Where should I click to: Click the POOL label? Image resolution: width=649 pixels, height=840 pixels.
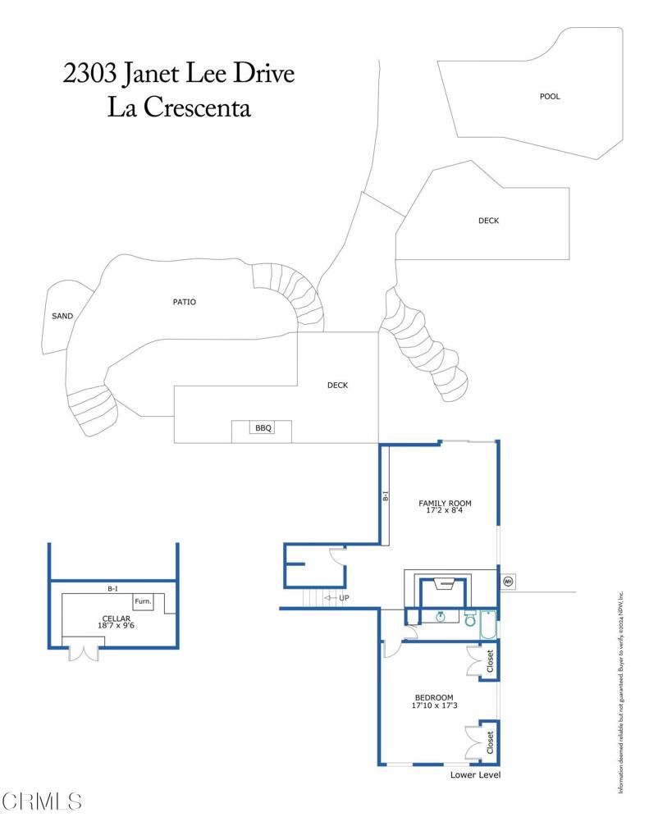coord(550,97)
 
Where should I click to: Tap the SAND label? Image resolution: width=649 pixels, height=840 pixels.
coord(62,316)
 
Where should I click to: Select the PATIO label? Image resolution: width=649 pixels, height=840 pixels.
coord(184,302)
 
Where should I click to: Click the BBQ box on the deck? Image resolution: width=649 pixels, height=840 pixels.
coord(262,428)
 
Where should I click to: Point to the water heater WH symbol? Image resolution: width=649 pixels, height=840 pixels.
coord(507,582)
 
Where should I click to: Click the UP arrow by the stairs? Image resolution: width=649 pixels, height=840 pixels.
coord(337,598)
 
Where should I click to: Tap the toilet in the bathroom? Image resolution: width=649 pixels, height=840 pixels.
coord(470,619)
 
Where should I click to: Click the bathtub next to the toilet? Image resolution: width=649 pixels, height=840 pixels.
coord(488,625)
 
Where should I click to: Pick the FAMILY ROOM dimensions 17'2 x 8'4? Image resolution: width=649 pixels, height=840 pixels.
coord(445,511)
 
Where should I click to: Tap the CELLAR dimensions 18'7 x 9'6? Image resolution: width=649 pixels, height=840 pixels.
coord(116,625)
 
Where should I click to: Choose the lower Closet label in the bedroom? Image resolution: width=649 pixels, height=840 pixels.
coord(490,743)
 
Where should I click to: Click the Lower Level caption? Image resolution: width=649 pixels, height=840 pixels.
coord(475,775)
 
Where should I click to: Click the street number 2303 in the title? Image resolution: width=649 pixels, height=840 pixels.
coord(90,74)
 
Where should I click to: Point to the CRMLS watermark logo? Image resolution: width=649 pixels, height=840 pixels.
coord(43,801)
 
